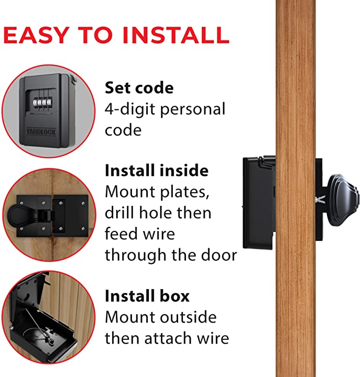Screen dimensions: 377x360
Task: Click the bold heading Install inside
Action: pyautogui.click(x=157, y=171)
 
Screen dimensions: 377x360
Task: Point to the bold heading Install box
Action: pyautogui.click(x=147, y=296)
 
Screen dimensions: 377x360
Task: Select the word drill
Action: pyautogui.click(x=122, y=213)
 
